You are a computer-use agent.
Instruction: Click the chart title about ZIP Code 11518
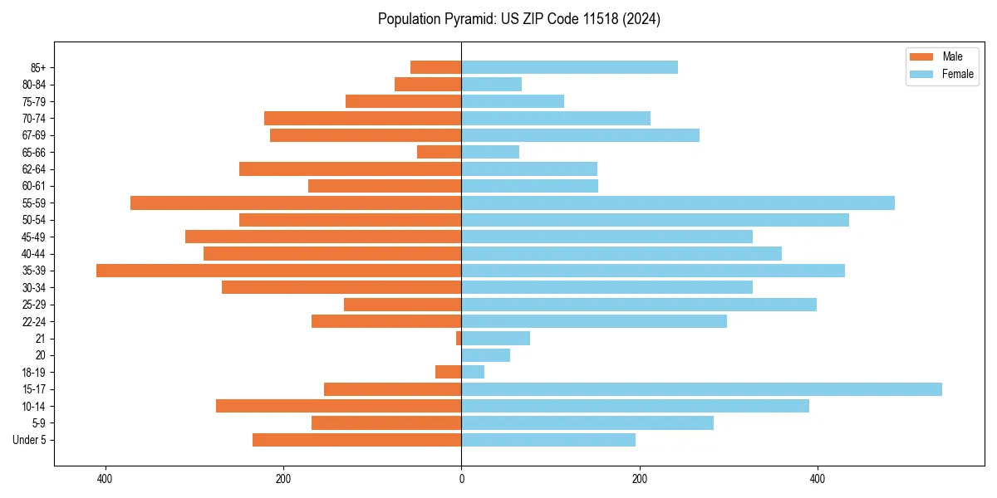(518, 19)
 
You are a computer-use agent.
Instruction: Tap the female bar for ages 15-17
(701, 389)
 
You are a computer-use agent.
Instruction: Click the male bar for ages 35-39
(278, 271)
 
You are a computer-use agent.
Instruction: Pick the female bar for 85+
(569, 67)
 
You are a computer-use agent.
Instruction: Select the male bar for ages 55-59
(296, 203)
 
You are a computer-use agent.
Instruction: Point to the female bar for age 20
(485, 355)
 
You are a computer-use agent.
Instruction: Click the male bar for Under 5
(356, 440)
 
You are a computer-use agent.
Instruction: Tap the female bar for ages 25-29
(638, 305)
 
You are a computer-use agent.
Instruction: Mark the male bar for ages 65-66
(439, 152)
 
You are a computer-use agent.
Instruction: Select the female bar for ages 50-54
(655, 220)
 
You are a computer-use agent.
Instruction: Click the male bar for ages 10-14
(338, 406)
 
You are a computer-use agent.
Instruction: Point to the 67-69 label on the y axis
(34, 135)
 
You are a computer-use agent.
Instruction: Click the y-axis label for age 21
(40, 339)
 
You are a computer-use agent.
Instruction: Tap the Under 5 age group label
(29, 440)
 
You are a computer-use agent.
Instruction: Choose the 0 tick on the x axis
(461, 479)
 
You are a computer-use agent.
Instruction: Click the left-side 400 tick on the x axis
(105, 479)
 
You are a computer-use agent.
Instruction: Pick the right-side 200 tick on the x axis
(639, 479)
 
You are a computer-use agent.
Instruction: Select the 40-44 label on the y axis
(34, 254)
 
